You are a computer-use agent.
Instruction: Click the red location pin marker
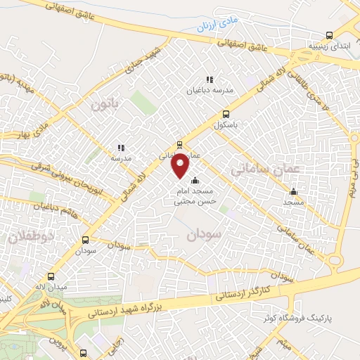coord(181,166)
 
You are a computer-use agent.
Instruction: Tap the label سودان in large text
coord(205,234)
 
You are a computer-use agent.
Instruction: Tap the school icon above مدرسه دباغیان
coord(209,80)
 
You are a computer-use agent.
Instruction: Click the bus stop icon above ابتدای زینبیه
coord(329,37)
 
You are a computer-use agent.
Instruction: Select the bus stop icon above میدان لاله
coord(51,277)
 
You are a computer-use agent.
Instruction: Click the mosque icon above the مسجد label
coord(293,192)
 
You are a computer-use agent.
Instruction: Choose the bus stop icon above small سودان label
coord(86,240)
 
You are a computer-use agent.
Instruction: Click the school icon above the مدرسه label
coord(121,148)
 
